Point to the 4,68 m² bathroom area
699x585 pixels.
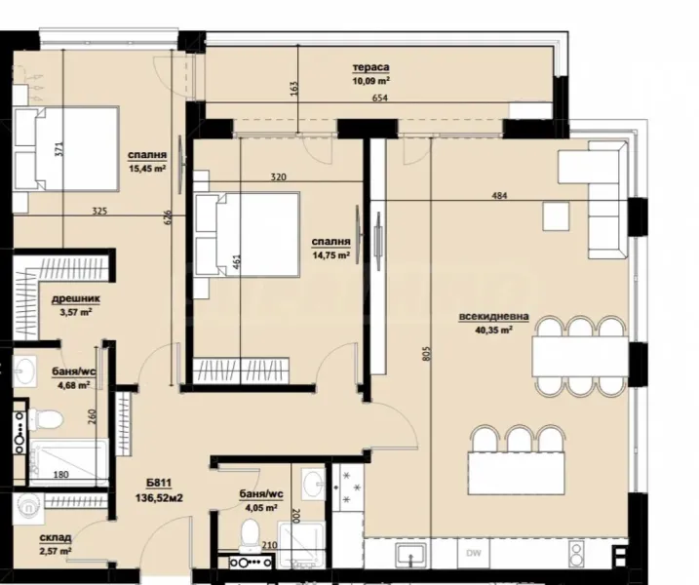pos(72,384)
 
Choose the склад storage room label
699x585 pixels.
pos(55,537)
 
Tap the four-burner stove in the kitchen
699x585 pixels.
pos(348,487)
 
